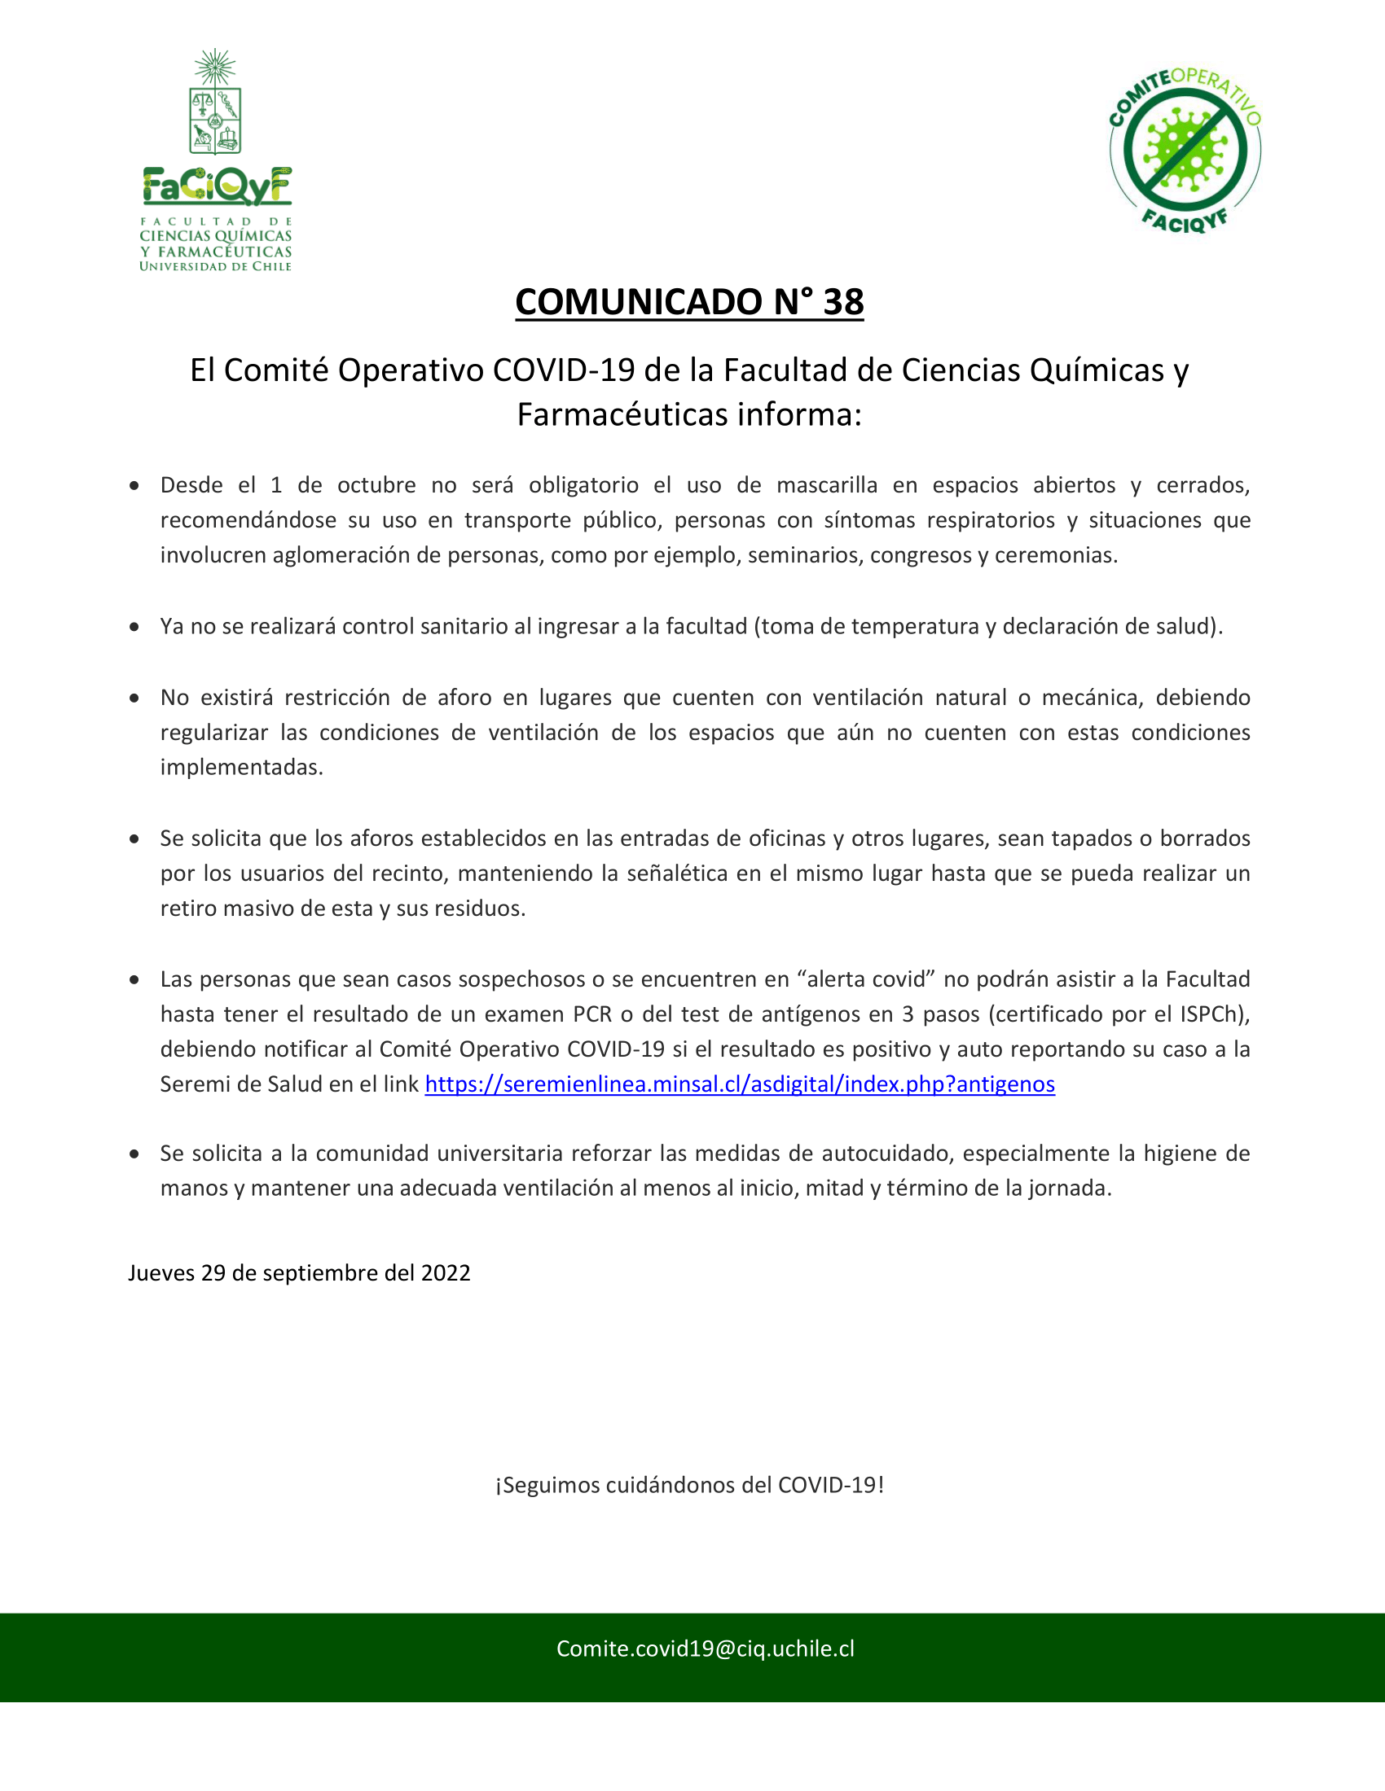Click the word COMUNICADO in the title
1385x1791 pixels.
(x=640, y=302)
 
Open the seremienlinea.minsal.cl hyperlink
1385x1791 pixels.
(x=739, y=1084)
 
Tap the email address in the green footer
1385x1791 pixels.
(x=705, y=1649)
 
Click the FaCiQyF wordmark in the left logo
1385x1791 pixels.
(x=217, y=186)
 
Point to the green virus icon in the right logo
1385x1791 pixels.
(x=1185, y=150)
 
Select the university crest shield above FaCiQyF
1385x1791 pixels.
(x=215, y=120)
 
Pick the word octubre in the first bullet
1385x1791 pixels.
(x=376, y=484)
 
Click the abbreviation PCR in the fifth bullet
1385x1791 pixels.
(x=591, y=1014)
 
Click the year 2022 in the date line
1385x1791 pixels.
(x=446, y=1272)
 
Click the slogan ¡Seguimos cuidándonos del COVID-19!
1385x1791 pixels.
(x=689, y=1485)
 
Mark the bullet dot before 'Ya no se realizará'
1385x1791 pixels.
(x=134, y=627)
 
